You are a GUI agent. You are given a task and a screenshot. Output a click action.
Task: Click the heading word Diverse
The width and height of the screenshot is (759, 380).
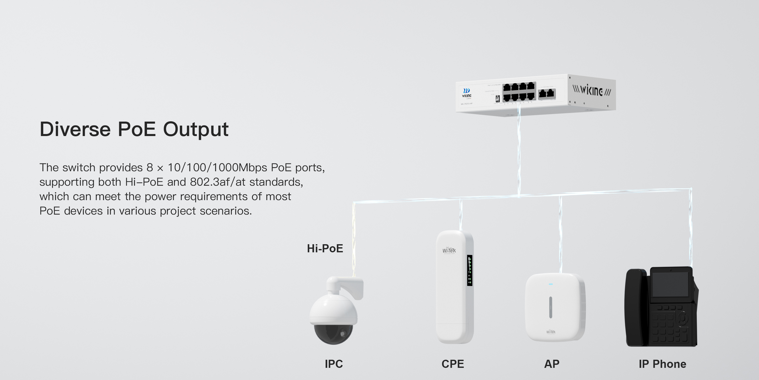click(x=75, y=129)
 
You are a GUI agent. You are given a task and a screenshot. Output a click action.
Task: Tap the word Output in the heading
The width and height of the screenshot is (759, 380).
click(x=196, y=130)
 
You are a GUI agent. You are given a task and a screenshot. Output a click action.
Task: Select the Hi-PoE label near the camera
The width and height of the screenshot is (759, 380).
click(x=325, y=249)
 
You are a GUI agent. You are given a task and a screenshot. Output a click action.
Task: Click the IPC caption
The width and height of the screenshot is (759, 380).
click(x=333, y=364)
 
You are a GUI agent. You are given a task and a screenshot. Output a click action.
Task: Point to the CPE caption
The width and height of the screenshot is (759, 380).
click(x=453, y=364)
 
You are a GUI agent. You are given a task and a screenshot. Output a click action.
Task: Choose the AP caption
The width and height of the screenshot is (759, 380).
click(x=552, y=364)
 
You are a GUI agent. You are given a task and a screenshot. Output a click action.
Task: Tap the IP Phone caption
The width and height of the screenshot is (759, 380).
click(x=662, y=364)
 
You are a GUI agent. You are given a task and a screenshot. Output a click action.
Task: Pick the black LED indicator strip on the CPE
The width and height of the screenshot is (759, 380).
click(x=470, y=270)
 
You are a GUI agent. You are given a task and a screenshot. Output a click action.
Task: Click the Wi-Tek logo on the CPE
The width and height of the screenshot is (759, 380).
click(x=449, y=251)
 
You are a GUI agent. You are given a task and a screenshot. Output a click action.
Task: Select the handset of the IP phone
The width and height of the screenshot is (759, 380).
click(x=637, y=307)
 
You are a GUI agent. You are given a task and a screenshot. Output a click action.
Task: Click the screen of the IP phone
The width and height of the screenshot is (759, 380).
click(x=670, y=284)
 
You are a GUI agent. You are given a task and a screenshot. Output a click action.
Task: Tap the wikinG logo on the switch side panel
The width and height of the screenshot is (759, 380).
click(x=592, y=90)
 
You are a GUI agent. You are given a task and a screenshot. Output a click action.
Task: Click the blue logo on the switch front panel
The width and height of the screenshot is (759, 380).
click(x=467, y=91)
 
